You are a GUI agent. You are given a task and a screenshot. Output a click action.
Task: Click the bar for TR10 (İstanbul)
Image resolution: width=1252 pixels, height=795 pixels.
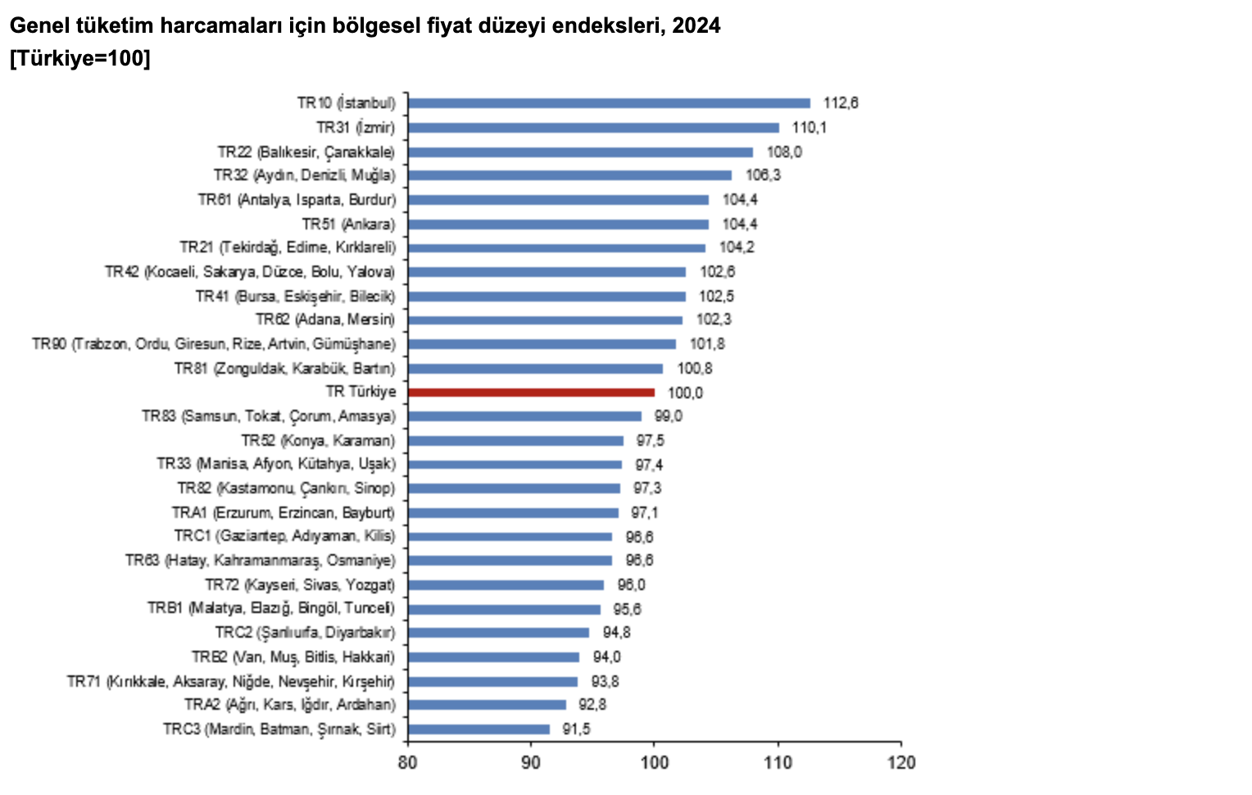coord(609,103)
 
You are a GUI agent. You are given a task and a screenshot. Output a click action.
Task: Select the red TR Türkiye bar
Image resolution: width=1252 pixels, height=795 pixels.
coord(531,393)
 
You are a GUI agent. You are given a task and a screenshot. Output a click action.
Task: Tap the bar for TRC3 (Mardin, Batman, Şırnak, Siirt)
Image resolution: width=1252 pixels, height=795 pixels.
coord(479,729)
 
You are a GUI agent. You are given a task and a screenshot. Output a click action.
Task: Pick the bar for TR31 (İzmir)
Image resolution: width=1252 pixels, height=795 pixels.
coord(593,128)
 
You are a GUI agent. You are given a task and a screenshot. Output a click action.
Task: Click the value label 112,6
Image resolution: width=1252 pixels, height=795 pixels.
coord(841,103)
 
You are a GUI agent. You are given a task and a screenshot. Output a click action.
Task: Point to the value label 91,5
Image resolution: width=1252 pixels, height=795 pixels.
coord(576,729)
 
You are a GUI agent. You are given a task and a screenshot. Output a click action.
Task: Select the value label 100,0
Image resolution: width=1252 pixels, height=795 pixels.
coord(685,393)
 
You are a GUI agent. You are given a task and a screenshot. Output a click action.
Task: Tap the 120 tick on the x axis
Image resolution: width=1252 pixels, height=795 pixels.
coord(901,763)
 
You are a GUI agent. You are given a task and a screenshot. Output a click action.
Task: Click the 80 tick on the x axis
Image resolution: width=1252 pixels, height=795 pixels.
coord(407,763)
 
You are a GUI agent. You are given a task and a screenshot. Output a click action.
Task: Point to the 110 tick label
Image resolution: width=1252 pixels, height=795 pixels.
coord(778,763)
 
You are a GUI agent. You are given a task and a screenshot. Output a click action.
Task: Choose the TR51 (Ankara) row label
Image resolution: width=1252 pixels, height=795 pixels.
coord(348,224)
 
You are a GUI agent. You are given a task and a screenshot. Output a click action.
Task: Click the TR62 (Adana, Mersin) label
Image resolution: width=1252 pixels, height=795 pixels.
coord(324,320)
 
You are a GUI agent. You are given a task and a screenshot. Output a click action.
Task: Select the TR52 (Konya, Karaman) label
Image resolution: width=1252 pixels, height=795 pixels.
coord(318,440)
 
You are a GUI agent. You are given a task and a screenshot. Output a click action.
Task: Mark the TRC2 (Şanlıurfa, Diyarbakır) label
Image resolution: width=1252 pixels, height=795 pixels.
coord(305,633)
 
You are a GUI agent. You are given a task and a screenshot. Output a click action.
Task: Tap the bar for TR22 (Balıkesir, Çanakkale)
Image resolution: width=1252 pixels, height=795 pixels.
coord(580,152)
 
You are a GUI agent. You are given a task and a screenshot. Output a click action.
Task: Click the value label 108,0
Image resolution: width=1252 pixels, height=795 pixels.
coord(784,152)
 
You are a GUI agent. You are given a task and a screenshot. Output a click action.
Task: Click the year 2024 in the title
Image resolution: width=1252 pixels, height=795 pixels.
coord(696,25)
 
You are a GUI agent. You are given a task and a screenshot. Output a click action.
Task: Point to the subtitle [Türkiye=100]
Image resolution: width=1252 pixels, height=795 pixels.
coord(79,59)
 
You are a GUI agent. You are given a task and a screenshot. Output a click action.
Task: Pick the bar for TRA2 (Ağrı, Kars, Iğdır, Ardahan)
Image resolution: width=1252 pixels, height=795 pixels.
coord(487,705)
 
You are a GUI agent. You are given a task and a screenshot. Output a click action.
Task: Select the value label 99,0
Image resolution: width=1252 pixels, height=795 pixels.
coord(668,416)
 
